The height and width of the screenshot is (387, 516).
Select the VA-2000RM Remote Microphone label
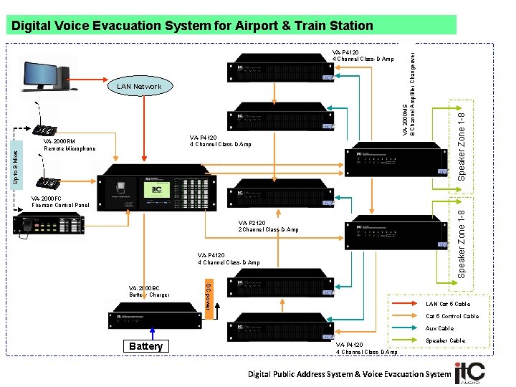pyautogui.click(x=70, y=145)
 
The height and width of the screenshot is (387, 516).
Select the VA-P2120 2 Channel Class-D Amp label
pyautogui.click(x=269, y=226)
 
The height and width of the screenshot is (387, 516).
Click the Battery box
pyautogui.click(x=145, y=347)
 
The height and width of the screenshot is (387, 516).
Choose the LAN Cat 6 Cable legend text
pyautogui.click(x=448, y=304)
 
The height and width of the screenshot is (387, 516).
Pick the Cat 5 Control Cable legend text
pyautogui.click(x=452, y=316)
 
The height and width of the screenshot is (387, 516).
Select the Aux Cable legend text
pyautogui.click(x=439, y=328)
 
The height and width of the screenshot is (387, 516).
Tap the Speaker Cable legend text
pyautogui.click(x=445, y=340)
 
